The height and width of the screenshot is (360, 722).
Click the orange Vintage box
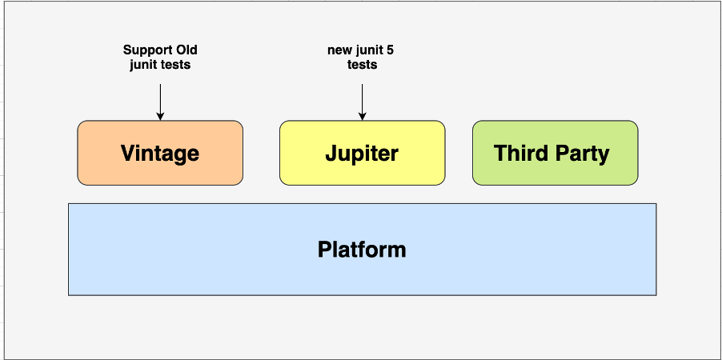click(x=160, y=153)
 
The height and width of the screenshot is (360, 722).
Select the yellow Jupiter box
click(x=362, y=153)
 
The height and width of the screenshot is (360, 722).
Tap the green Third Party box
click(x=555, y=153)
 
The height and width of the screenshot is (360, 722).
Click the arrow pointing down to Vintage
click(x=160, y=100)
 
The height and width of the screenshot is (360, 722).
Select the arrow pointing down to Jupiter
click(x=362, y=100)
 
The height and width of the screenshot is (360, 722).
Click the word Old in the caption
click(x=187, y=50)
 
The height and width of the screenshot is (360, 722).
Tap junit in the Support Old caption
click(x=143, y=65)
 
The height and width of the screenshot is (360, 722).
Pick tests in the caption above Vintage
click(x=176, y=65)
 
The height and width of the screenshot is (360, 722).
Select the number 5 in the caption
click(x=390, y=50)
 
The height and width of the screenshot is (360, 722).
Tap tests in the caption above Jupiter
click(x=362, y=65)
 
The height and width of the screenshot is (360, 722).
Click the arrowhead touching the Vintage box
click(x=160, y=117)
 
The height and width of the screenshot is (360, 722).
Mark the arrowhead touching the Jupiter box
click(x=362, y=117)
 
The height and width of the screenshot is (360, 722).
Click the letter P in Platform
click(x=324, y=250)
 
